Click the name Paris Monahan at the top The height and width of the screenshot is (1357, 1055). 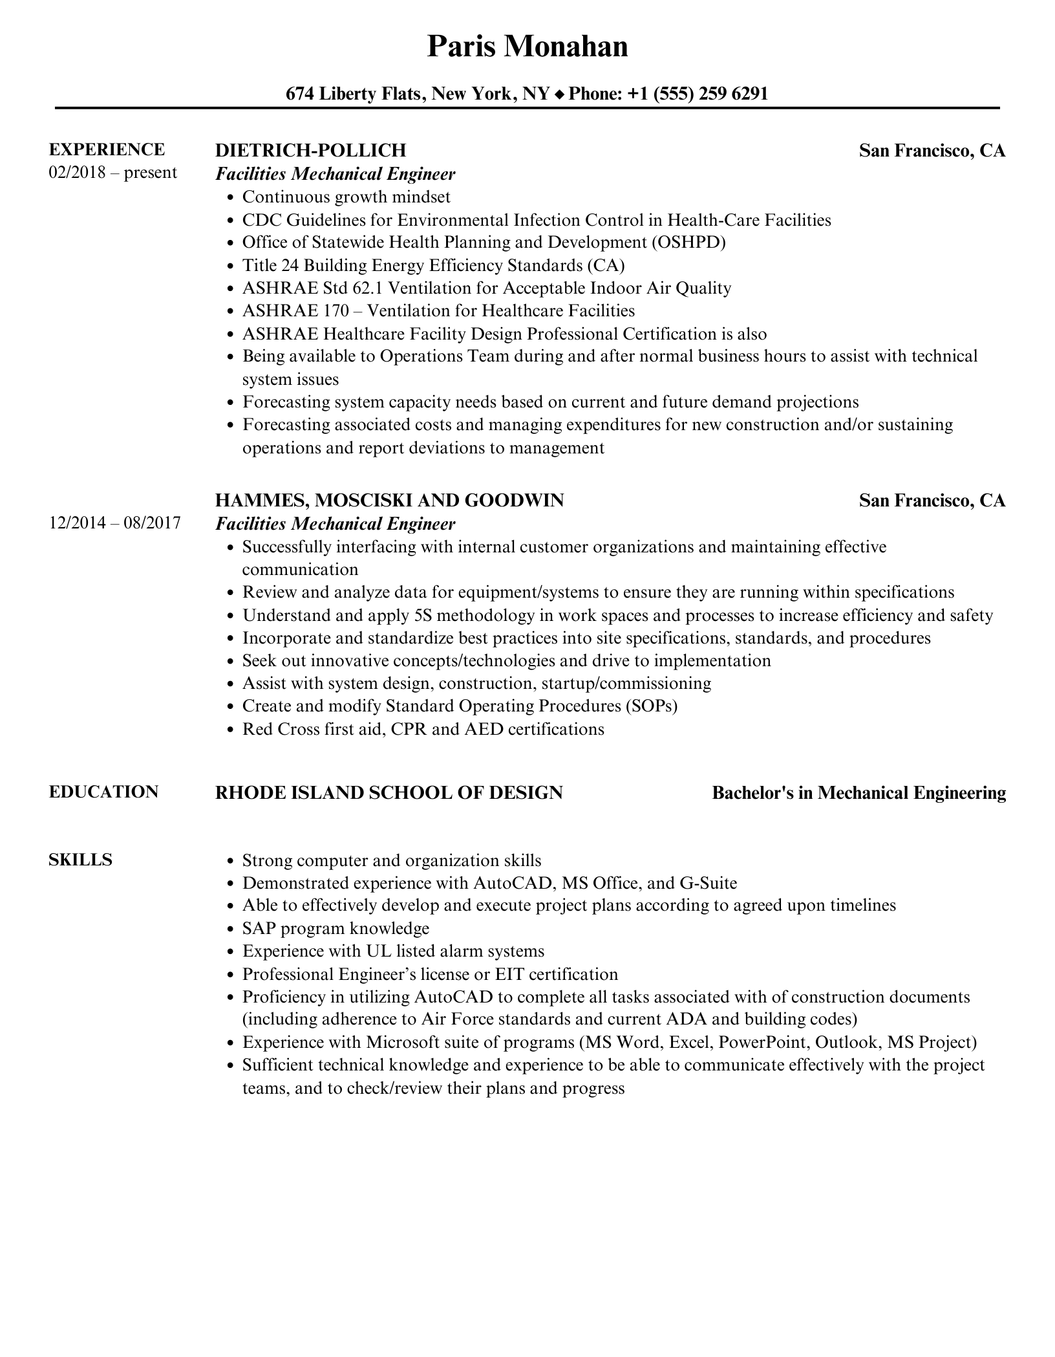coord(527,47)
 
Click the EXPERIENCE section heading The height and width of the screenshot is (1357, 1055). coord(107,150)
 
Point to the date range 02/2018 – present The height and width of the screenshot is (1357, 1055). coord(112,173)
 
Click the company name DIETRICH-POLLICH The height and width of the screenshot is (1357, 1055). coord(310,151)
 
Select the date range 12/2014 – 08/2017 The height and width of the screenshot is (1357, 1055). coord(114,523)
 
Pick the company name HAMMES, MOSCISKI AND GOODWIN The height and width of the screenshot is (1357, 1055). coord(389,501)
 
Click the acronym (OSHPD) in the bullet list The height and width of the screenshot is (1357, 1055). coord(688,243)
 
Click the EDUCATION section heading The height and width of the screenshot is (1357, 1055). coord(103,792)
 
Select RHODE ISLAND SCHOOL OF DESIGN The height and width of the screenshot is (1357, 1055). coord(389,793)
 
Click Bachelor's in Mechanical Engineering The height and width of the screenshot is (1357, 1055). coord(858,793)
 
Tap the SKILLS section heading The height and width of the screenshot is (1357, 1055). coord(80,860)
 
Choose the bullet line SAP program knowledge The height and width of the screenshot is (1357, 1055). coord(336,929)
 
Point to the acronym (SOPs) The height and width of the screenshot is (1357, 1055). coord(651,706)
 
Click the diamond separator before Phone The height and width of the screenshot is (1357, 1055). coord(559,95)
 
